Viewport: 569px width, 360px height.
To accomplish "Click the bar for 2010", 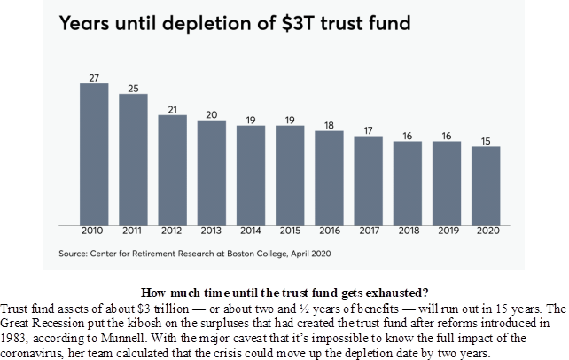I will pyautogui.click(x=94, y=154).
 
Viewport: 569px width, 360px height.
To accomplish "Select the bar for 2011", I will pyautogui.click(x=133, y=160).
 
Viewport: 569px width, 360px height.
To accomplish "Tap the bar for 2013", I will pyautogui.click(x=211, y=173).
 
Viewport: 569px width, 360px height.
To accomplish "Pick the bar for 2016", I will pyautogui.click(x=329, y=178).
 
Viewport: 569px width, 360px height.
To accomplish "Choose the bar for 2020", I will pyautogui.click(x=485, y=186).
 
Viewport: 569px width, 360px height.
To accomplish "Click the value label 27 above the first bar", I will pyautogui.click(x=94, y=77).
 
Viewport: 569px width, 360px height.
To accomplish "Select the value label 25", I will pyautogui.click(x=133, y=88).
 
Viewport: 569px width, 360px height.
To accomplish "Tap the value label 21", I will pyautogui.click(x=172, y=109).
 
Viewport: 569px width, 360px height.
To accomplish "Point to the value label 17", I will pyautogui.click(x=368, y=130).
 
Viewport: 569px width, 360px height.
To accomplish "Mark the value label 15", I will pyautogui.click(x=485, y=141).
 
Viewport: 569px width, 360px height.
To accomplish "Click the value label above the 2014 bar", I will pyautogui.click(x=250, y=120).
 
